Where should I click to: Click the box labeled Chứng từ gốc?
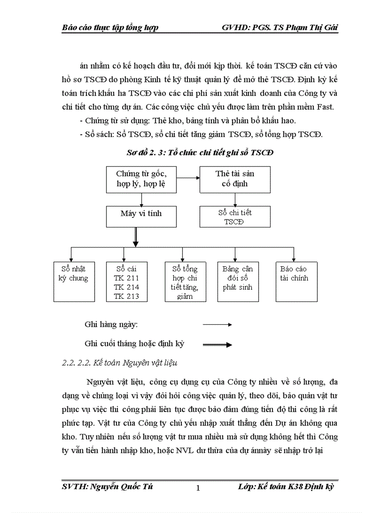coord(141,179)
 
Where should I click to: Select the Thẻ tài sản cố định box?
coord(234,179)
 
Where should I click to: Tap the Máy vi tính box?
coord(141,216)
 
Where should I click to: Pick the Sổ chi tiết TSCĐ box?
coord(234,216)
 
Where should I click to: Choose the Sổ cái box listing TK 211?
coord(127,281)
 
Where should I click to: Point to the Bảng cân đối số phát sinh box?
coord(237,281)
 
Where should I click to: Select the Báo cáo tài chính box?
coord(296,281)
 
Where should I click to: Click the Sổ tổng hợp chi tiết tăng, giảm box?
coord(185,281)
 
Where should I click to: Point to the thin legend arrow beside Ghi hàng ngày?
coord(218,325)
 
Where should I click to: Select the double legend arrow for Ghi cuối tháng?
coord(218,345)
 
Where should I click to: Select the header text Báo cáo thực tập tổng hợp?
coord(110,28)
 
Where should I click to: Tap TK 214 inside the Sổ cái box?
coord(127,287)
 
